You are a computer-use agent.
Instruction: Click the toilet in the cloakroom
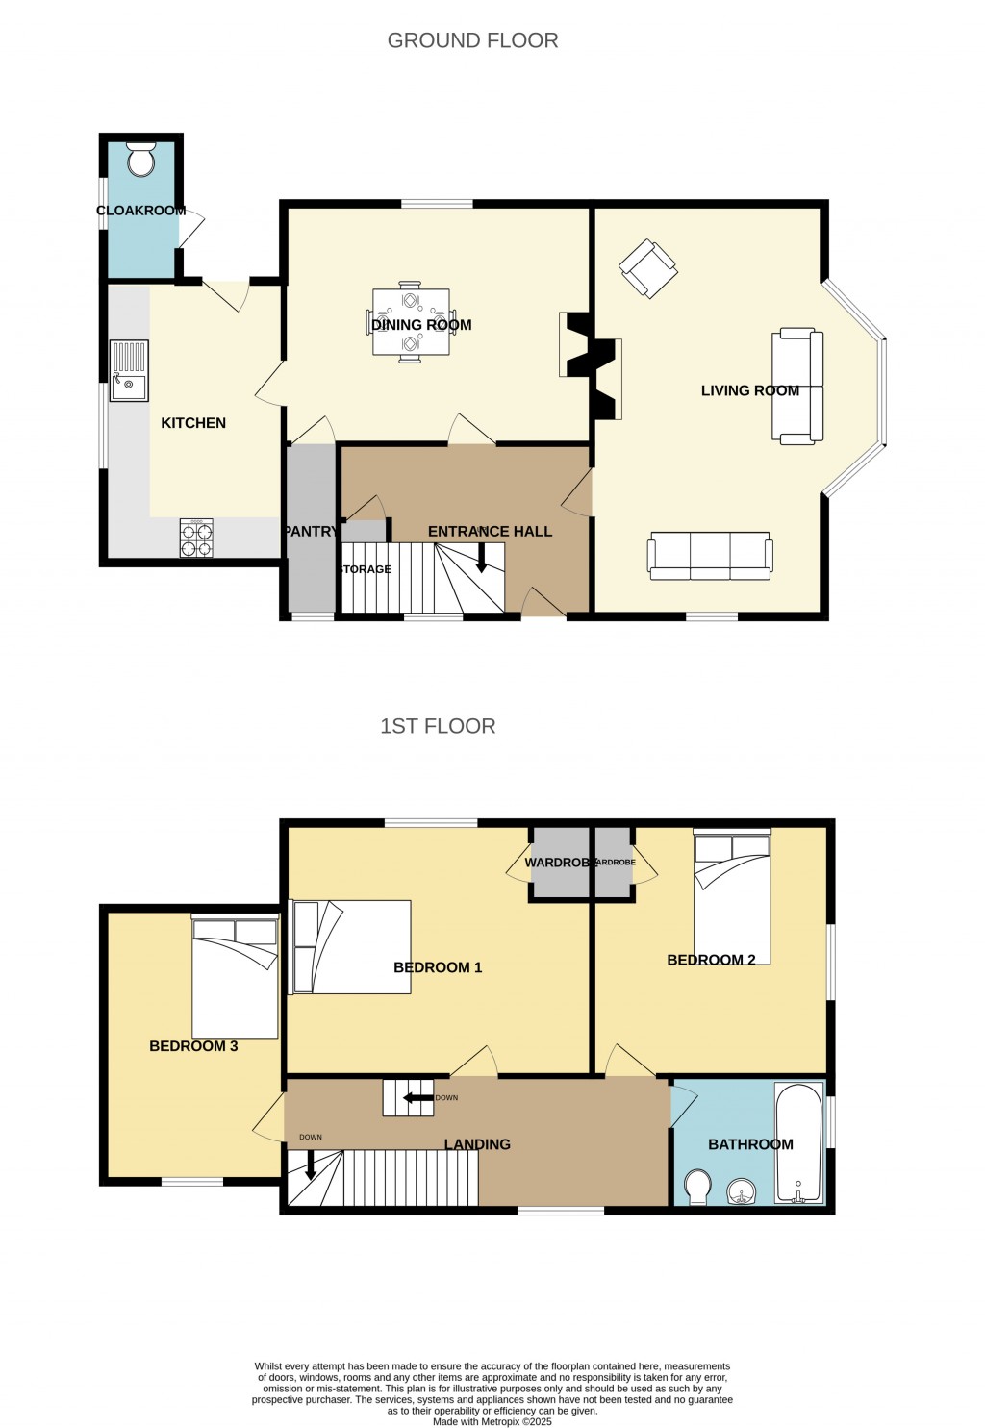point(141,161)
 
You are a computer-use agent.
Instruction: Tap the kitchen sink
point(129,370)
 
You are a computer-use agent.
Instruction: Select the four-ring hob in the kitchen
point(196,538)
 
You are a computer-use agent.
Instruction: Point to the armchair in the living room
point(647,268)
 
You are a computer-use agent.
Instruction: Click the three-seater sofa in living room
point(710,556)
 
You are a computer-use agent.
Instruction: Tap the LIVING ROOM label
point(749,390)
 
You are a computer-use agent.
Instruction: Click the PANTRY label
point(310,531)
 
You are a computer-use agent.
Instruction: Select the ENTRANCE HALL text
point(490,531)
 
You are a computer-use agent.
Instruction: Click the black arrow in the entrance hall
point(482,557)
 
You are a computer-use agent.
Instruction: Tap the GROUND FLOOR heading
point(472,40)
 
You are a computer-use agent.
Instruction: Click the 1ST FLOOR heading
point(438,726)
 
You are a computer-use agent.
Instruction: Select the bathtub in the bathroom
point(799,1143)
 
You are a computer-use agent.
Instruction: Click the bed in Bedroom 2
point(732,897)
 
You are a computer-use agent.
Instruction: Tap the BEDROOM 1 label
point(438,967)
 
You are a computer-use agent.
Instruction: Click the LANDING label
point(477,1144)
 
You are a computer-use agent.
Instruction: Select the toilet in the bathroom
point(697,1187)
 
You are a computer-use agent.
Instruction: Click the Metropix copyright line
point(492,1421)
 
